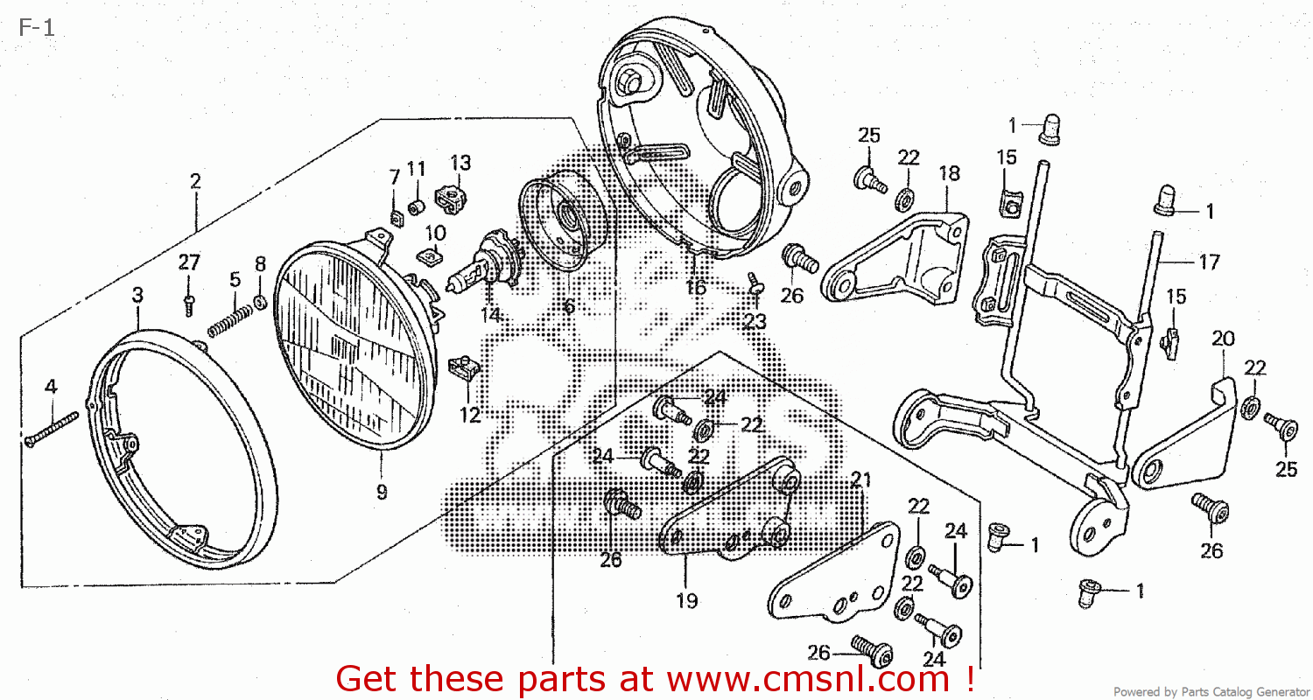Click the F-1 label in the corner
(36, 27)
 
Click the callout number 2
(195, 182)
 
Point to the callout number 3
(137, 296)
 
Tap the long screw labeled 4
(53, 429)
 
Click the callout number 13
(460, 163)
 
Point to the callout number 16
(696, 288)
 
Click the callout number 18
(949, 173)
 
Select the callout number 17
(1209, 262)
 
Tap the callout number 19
(686, 600)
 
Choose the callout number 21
(861, 479)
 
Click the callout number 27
(190, 262)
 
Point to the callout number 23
(755, 322)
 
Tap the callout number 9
(382, 492)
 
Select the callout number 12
(470, 415)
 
